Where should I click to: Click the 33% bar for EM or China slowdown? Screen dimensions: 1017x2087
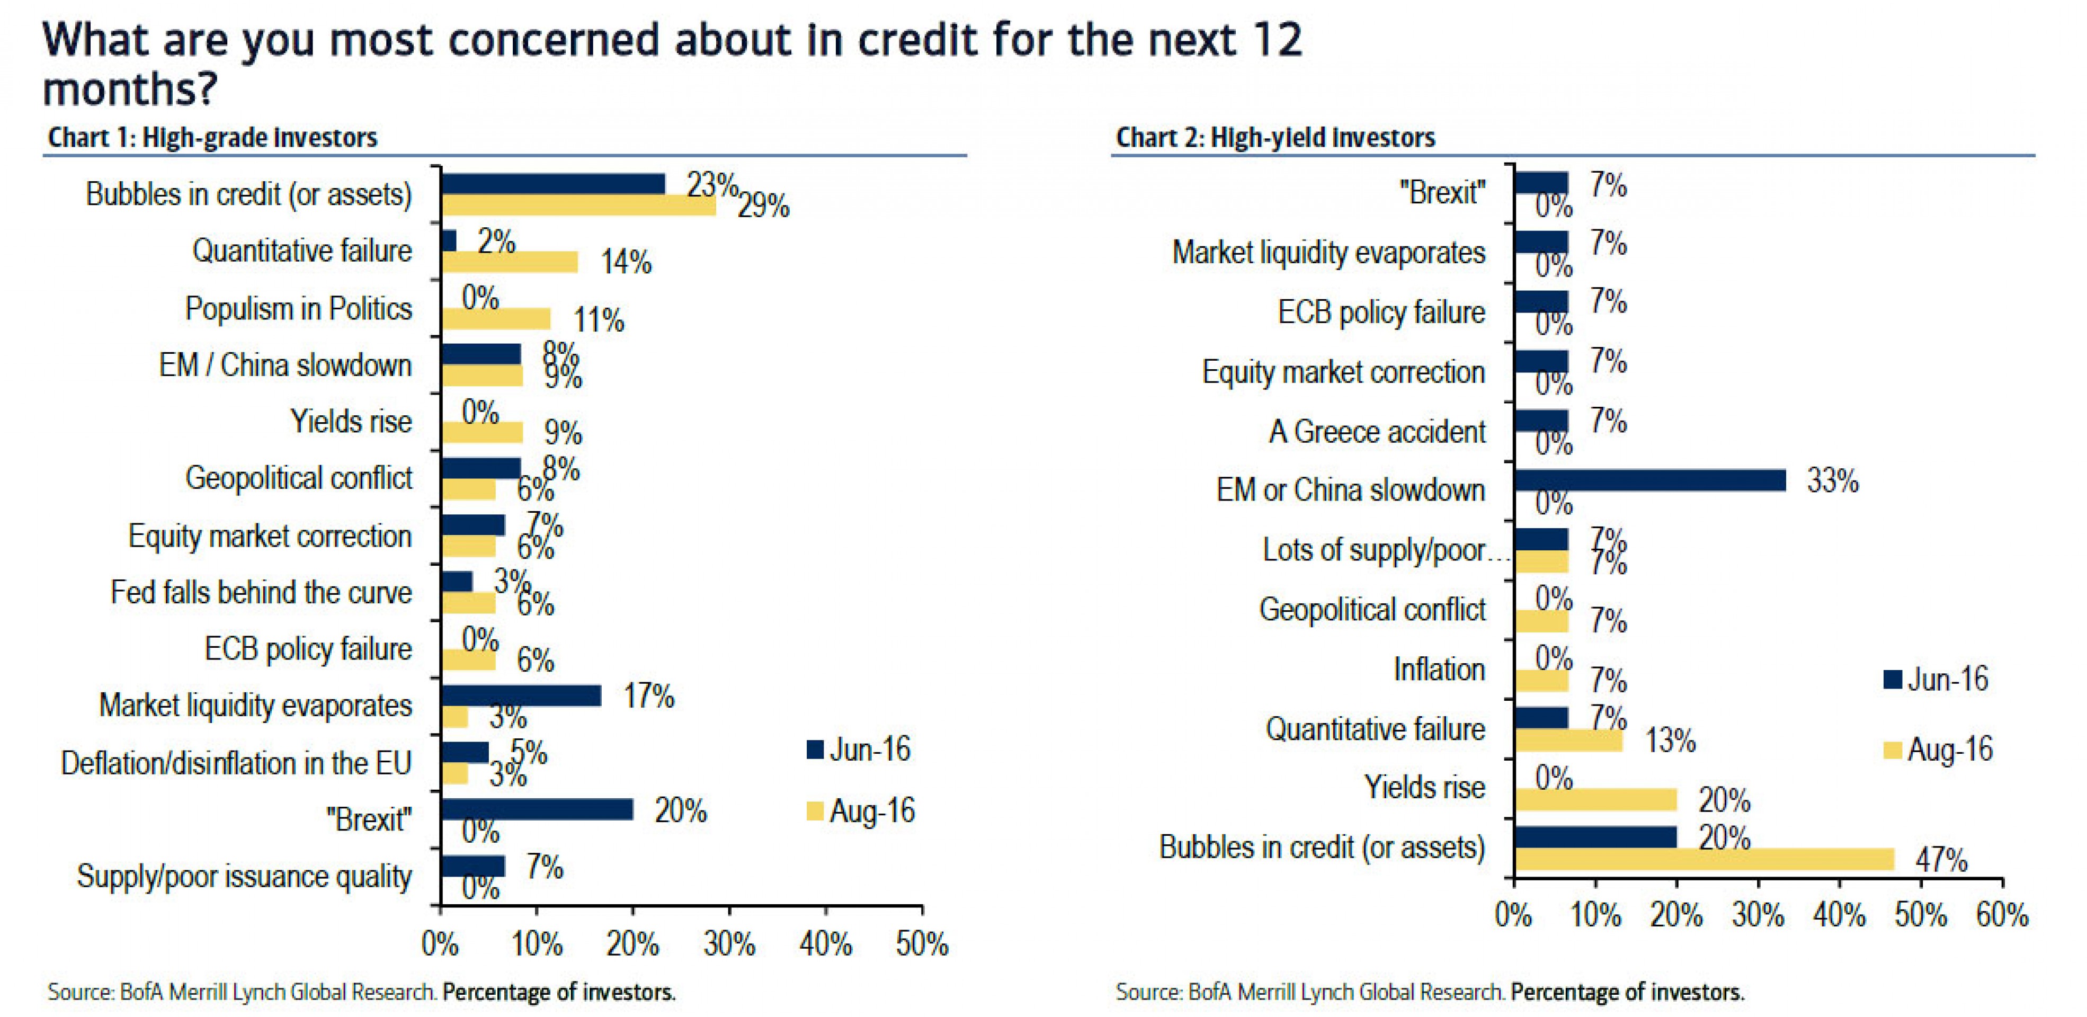(x=1649, y=480)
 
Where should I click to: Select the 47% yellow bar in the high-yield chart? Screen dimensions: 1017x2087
(x=1704, y=859)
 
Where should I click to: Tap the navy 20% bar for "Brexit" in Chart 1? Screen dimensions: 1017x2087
(x=537, y=809)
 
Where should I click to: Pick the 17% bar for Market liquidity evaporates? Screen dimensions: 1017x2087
(x=521, y=695)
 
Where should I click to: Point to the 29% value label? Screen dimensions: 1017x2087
(x=763, y=206)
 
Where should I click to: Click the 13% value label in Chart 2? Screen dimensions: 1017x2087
(x=1670, y=740)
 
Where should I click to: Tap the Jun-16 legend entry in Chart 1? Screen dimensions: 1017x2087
(x=859, y=749)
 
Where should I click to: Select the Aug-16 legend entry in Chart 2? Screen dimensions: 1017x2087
(x=1938, y=750)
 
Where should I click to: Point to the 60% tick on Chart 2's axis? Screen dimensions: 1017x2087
(x=2002, y=915)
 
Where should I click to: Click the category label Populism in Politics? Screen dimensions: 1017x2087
(x=298, y=309)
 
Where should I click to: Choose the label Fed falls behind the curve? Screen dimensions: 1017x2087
(x=261, y=592)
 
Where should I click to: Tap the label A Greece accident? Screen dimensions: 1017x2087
(x=1377, y=431)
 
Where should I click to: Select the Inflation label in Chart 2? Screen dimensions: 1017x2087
(x=1439, y=670)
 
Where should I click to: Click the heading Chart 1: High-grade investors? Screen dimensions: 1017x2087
(x=212, y=138)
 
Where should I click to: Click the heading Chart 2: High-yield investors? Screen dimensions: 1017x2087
(x=1275, y=138)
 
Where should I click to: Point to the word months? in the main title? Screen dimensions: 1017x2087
(x=130, y=89)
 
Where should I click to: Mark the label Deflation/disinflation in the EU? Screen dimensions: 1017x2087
(x=236, y=763)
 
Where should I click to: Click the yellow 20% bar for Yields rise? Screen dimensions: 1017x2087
(x=1595, y=800)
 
